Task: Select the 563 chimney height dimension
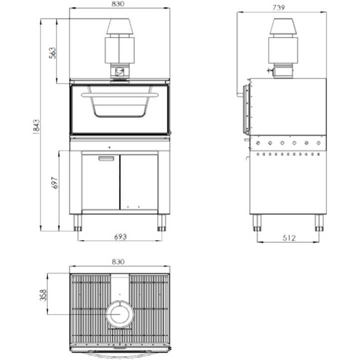[52, 51]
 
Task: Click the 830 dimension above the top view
[118, 261]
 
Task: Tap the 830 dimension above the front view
[119, 4]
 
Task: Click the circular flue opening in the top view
[119, 314]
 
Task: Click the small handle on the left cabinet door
[106, 158]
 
